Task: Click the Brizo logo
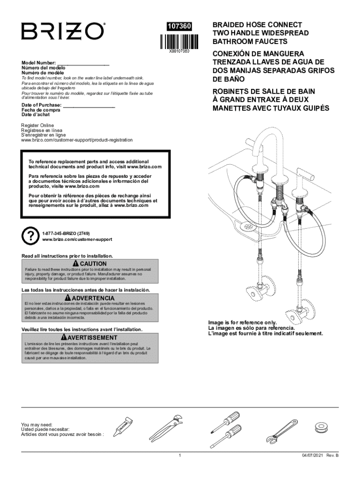[x=62, y=31]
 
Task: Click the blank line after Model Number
[x=83, y=62]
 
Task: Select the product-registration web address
[x=77, y=140]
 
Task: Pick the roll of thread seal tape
[x=321, y=427]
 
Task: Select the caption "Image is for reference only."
[x=243, y=323]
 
